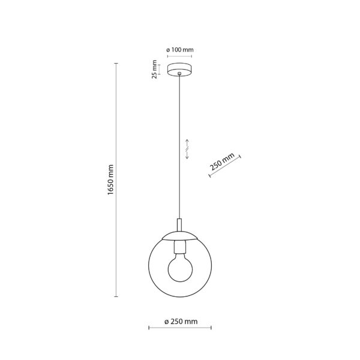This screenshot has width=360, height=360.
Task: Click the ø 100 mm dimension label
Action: pyautogui.click(x=180, y=50)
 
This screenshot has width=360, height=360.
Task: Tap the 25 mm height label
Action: pyautogui.click(x=155, y=70)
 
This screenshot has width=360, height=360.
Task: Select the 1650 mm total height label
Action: pyautogui.click(x=110, y=180)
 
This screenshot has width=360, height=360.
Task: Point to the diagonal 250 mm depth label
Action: pyautogui.click(x=222, y=161)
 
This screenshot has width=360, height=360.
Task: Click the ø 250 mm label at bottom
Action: pyautogui.click(x=181, y=322)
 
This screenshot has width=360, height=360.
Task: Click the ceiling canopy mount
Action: pyautogui.click(x=179, y=70)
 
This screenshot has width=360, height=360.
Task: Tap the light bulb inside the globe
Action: pyautogui.click(x=180, y=268)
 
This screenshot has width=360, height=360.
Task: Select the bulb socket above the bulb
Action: pyautogui.click(x=180, y=247)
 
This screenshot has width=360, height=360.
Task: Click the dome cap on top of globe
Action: pyautogui.click(x=179, y=236)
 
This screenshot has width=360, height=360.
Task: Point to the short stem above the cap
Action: pyautogui.click(x=179, y=225)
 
